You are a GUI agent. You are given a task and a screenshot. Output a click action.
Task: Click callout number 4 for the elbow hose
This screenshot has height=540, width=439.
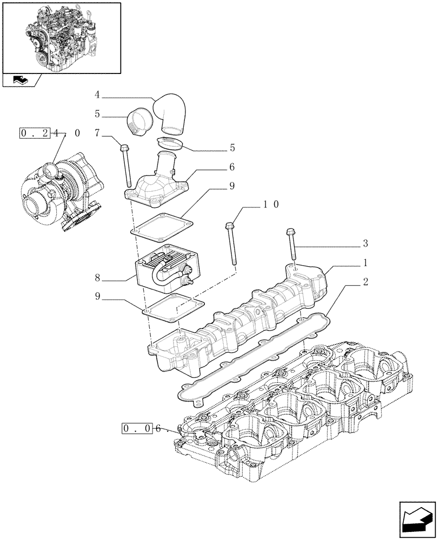97,95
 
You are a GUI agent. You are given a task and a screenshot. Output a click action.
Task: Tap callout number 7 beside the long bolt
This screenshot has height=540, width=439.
97,133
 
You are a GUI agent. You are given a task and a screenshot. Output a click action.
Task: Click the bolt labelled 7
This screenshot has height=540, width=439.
127,165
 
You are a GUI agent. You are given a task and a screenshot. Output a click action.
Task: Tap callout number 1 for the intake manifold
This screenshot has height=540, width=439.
365,263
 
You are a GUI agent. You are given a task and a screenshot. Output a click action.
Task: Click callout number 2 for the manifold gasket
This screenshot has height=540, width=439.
365,281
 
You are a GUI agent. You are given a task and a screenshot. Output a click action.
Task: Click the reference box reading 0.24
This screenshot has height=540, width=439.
35,132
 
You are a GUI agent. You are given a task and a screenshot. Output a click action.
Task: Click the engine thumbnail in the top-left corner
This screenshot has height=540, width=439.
61,37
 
